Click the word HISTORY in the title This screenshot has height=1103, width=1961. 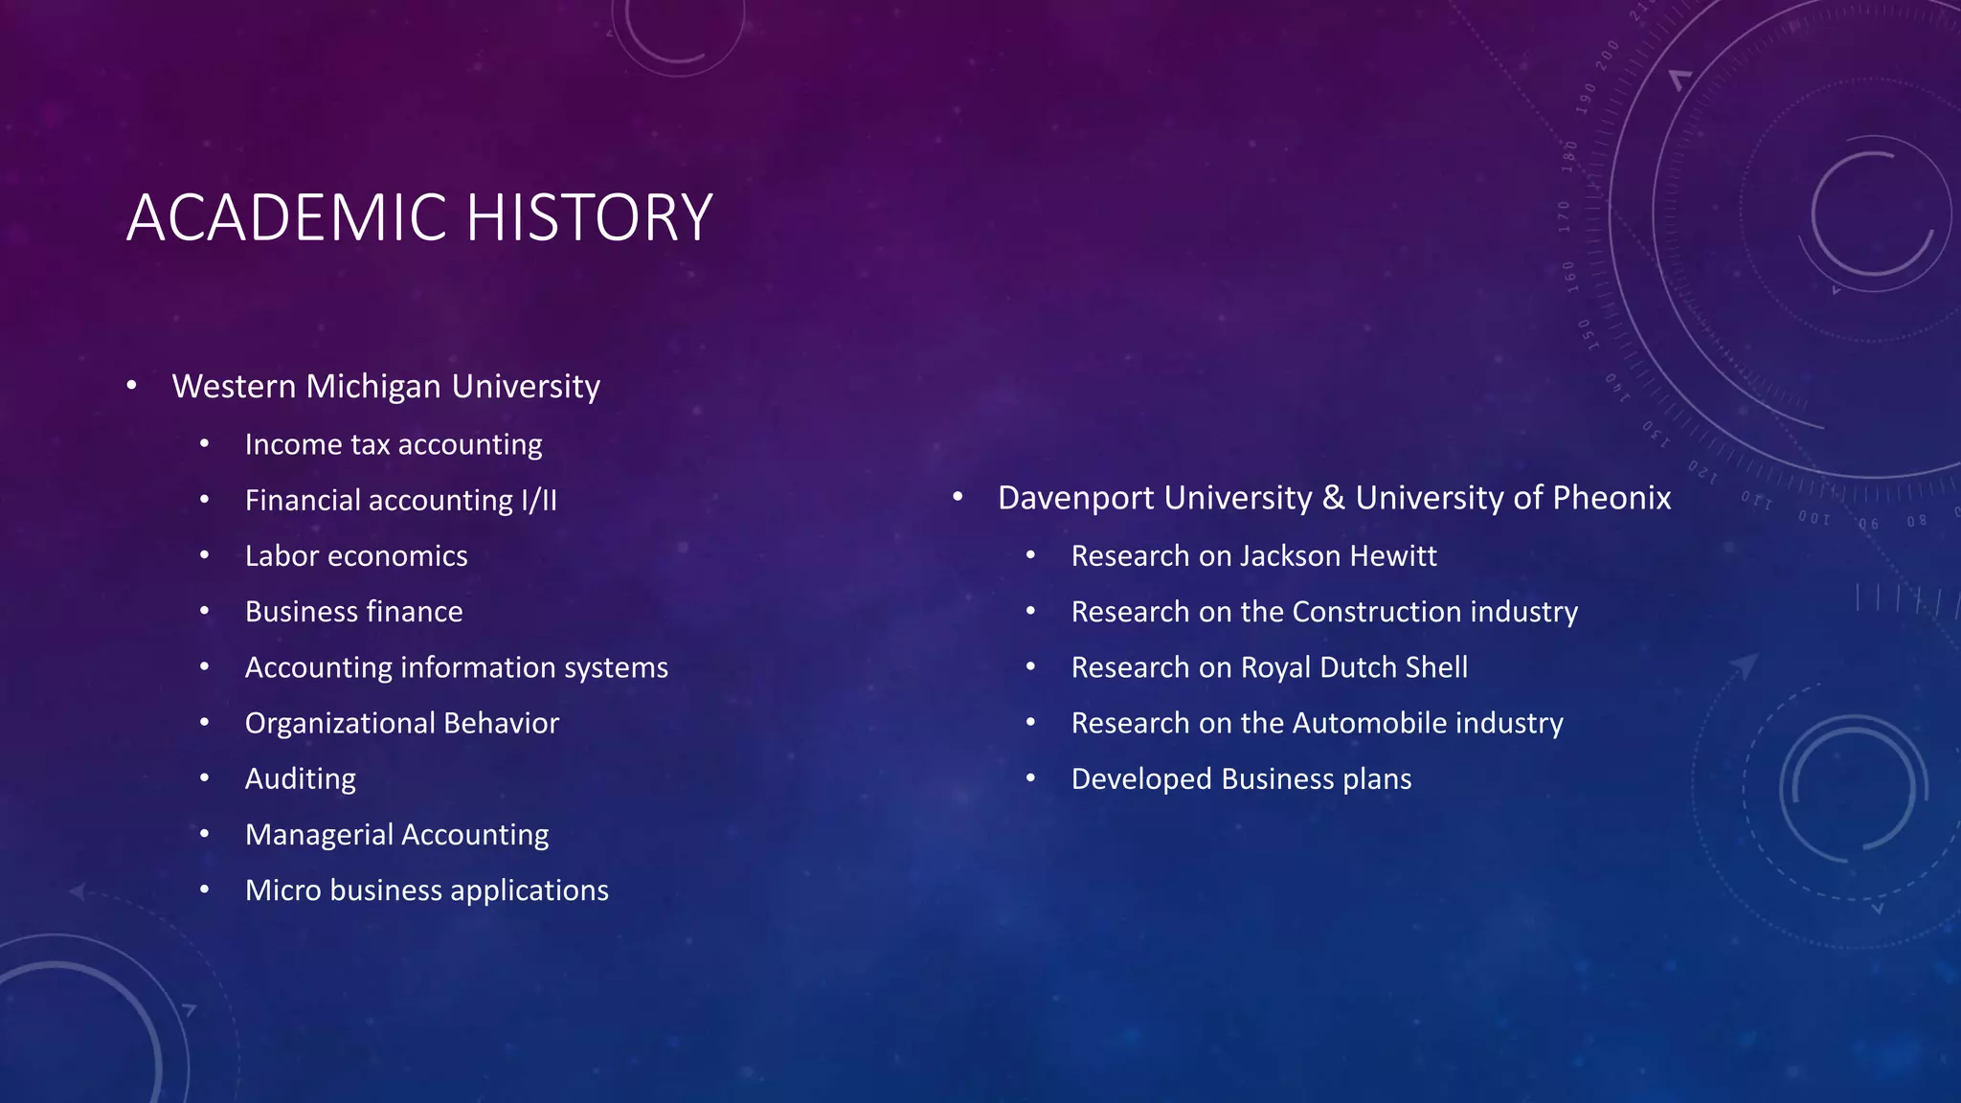(589, 217)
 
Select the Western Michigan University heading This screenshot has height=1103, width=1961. (386, 386)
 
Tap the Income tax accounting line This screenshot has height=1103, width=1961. (394, 444)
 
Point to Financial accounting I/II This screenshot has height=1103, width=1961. (400, 500)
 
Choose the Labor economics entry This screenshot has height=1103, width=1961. (356, 555)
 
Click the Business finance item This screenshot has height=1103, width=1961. (353, 611)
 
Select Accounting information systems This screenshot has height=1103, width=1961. (456, 667)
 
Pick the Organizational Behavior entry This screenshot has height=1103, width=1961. (401, 723)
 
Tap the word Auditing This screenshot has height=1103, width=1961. (300, 778)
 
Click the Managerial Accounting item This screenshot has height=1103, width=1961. (396, 834)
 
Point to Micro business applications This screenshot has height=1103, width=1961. (426, 890)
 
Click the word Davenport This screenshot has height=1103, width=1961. (1076, 498)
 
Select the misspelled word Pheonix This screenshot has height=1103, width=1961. (1612, 498)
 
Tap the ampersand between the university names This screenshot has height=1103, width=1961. (1333, 498)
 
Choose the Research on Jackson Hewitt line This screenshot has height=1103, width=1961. (1253, 555)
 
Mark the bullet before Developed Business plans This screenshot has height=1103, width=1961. (1030, 778)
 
